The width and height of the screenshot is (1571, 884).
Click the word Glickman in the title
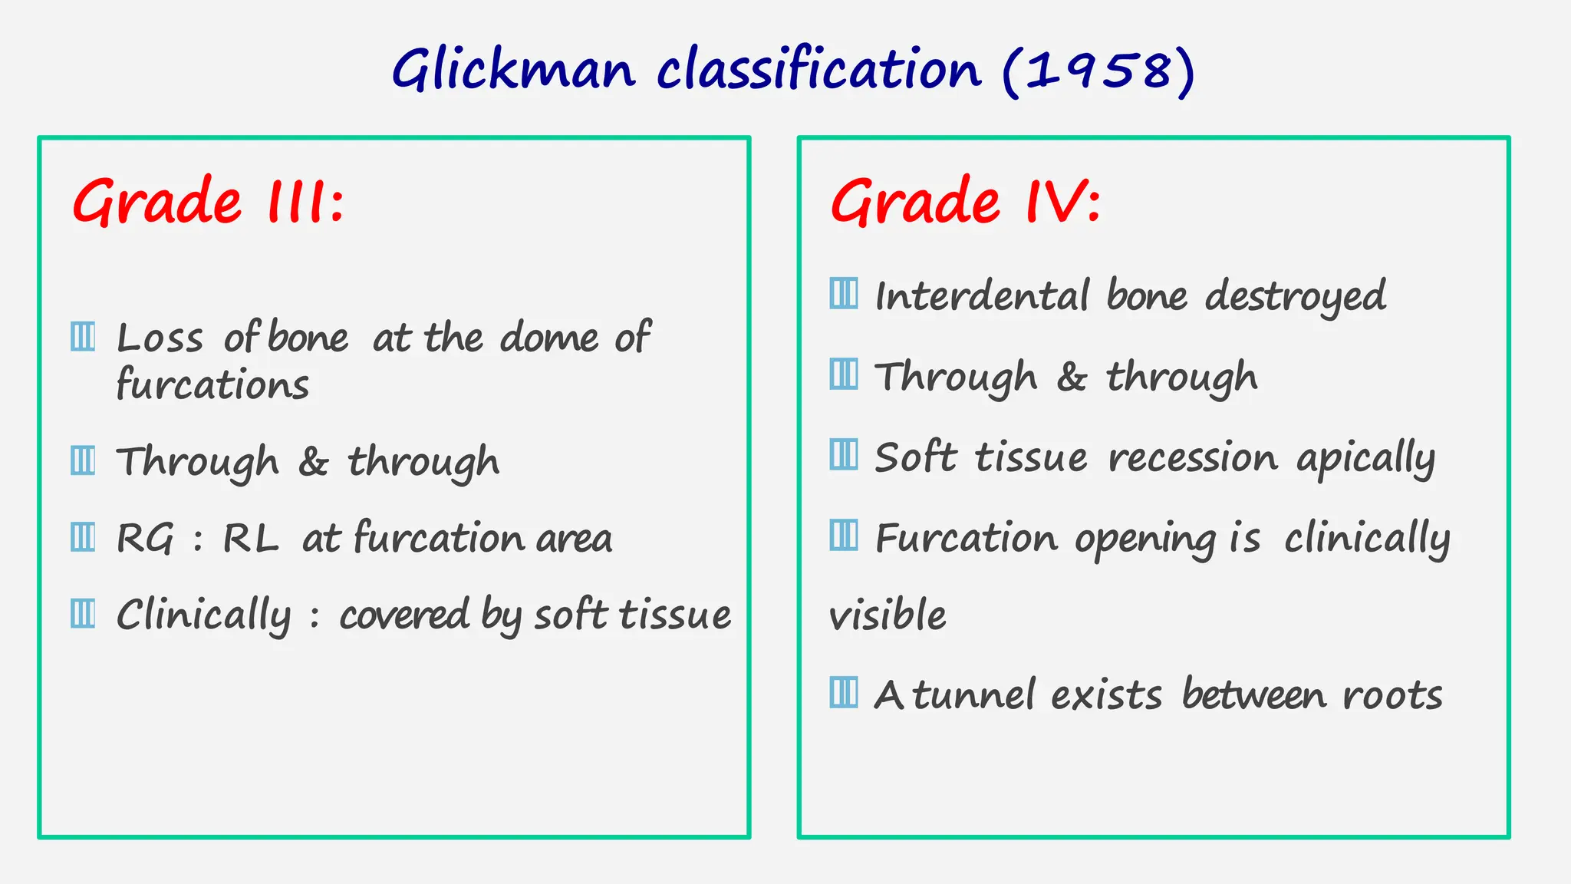(x=513, y=71)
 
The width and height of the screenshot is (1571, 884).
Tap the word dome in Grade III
(x=548, y=338)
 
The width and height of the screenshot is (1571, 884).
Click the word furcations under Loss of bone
(x=212, y=384)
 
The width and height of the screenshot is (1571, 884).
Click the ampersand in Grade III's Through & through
(x=313, y=462)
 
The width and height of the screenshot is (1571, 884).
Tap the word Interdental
(x=982, y=296)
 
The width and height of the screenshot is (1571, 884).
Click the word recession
(x=1193, y=458)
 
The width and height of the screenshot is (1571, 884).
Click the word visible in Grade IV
(x=888, y=615)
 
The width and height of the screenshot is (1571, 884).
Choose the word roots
(x=1392, y=696)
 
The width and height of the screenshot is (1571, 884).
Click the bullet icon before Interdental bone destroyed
(x=844, y=293)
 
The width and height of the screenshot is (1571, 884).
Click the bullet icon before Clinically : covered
(x=83, y=613)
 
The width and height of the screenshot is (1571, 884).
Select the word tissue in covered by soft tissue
(x=674, y=615)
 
